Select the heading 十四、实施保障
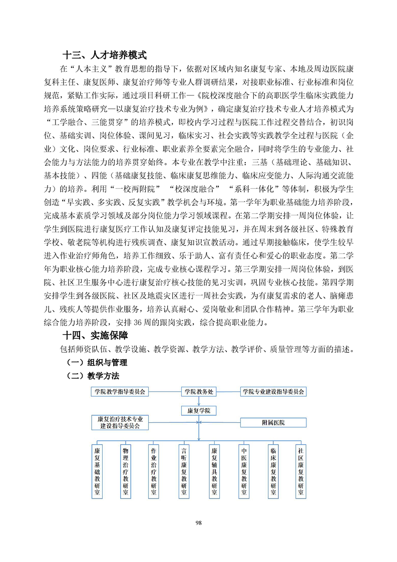[95, 336]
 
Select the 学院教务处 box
[198, 392]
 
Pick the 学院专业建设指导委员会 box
[273, 392]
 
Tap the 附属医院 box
[273, 423]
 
